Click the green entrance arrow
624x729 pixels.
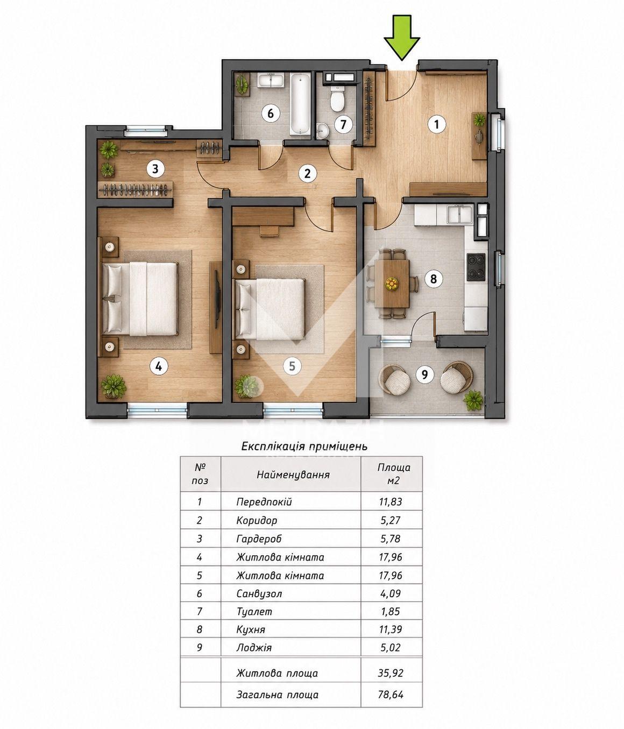click(x=401, y=37)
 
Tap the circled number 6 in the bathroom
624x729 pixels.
click(x=270, y=114)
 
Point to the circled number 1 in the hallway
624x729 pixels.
click(x=437, y=124)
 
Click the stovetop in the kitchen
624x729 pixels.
click(x=476, y=267)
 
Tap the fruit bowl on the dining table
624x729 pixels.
click(x=391, y=283)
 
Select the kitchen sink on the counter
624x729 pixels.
click(x=459, y=215)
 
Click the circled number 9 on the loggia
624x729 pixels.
click(x=424, y=374)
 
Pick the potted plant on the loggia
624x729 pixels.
click(x=473, y=401)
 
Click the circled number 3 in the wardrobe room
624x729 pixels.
click(x=155, y=169)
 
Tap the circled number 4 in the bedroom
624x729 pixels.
click(x=158, y=367)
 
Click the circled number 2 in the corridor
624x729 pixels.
click(x=307, y=174)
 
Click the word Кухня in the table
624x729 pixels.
click(x=251, y=629)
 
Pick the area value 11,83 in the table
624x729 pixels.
click(x=391, y=501)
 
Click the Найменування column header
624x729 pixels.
click(x=293, y=475)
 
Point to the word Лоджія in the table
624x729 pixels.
click(x=254, y=648)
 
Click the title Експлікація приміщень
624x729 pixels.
click(x=304, y=446)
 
